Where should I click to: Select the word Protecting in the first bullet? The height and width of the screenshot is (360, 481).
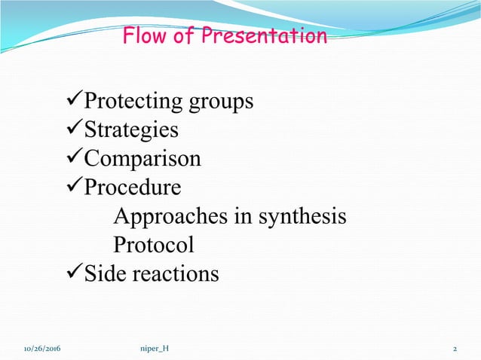pyautogui.click(x=132, y=101)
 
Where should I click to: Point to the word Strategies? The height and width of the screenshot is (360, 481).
pyautogui.click(x=131, y=130)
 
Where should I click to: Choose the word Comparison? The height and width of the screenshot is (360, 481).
pyautogui.click(x=142, y=159)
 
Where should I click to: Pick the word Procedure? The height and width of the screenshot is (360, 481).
pyautogui.click(x=133, y=187)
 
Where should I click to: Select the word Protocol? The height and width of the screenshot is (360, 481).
pyautogui.click(x=153, y=245)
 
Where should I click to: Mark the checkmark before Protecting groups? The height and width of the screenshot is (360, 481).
pyautogui.click(x=73, y=101)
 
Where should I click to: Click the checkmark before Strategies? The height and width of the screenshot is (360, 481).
pyautogui.click(x=73, y=130)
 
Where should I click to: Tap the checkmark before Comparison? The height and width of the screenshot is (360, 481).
pyautogui.click(x=73, y=158)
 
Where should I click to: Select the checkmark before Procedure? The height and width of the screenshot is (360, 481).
pyautogui.click(x=73, y=186)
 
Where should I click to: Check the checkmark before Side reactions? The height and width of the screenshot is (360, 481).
pyautogui.click(x=73, y=273)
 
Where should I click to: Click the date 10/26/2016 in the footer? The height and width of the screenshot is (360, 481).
pyautogui.click(x=42, y=349)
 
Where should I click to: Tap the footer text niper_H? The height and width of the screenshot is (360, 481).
pyautogui.click(x=155, y=349)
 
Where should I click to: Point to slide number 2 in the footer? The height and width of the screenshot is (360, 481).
pyautogui.click(x=455, y=349)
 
